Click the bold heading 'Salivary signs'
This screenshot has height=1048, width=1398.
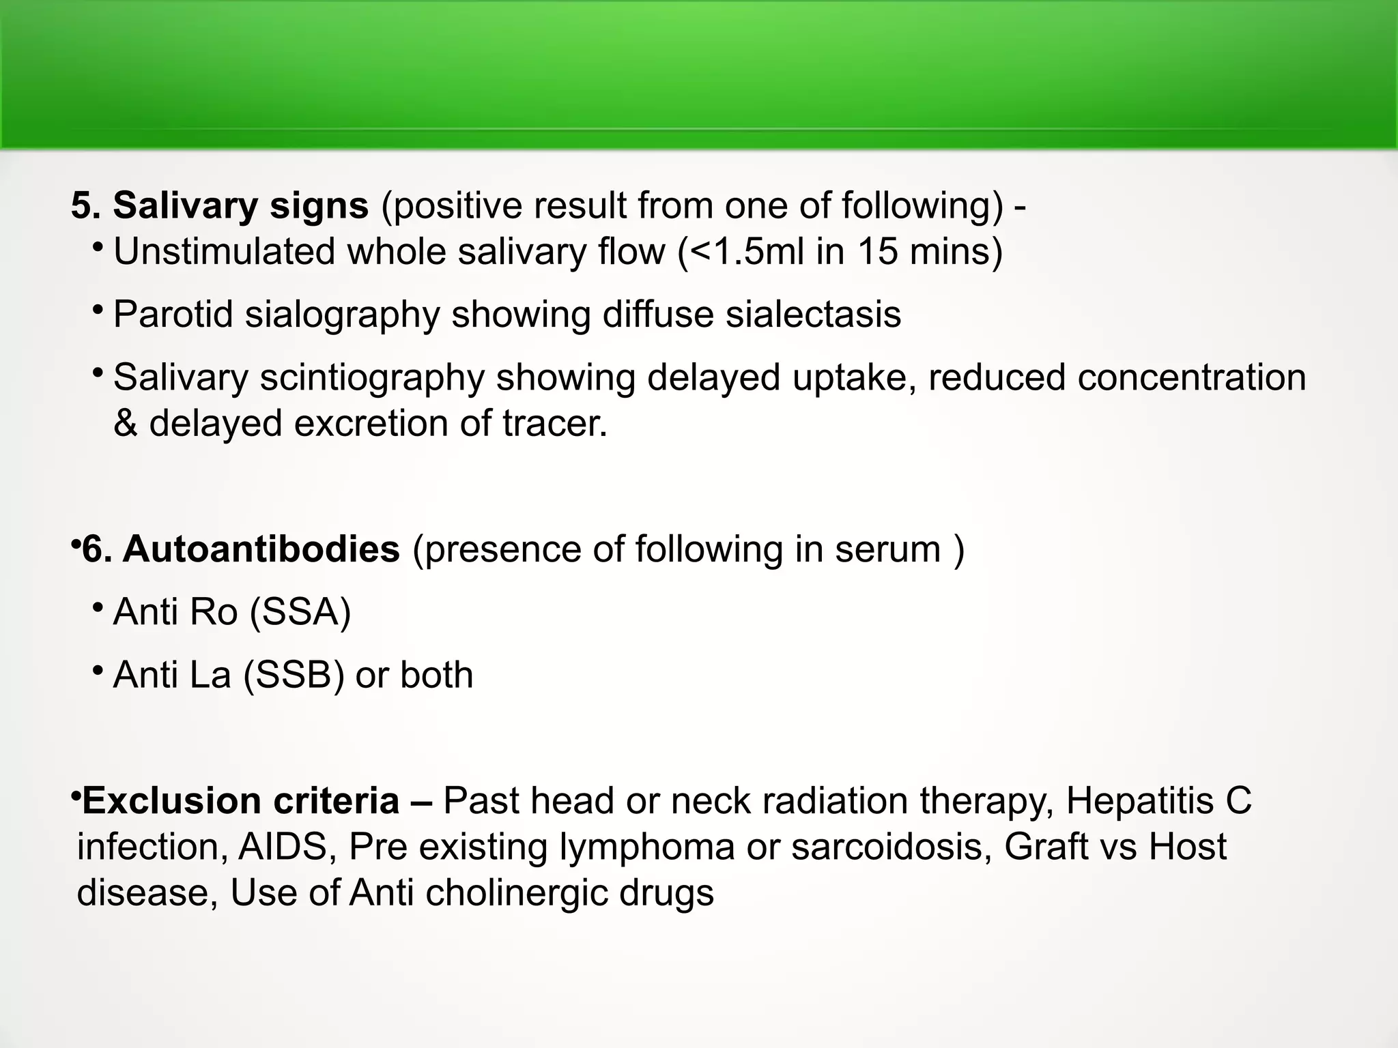240,205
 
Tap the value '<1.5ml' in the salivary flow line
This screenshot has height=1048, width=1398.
747,252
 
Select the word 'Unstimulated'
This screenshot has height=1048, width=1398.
224,252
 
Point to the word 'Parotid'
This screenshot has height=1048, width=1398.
173,315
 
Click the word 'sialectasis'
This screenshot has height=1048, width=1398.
813,315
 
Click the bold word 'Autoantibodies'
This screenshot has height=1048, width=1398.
261,549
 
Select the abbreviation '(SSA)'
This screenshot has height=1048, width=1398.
300,611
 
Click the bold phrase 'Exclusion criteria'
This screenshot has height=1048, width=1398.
241,800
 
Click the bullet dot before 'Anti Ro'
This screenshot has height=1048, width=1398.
98,607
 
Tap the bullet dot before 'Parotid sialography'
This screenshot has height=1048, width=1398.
98,310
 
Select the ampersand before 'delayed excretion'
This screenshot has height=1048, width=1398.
126,424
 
